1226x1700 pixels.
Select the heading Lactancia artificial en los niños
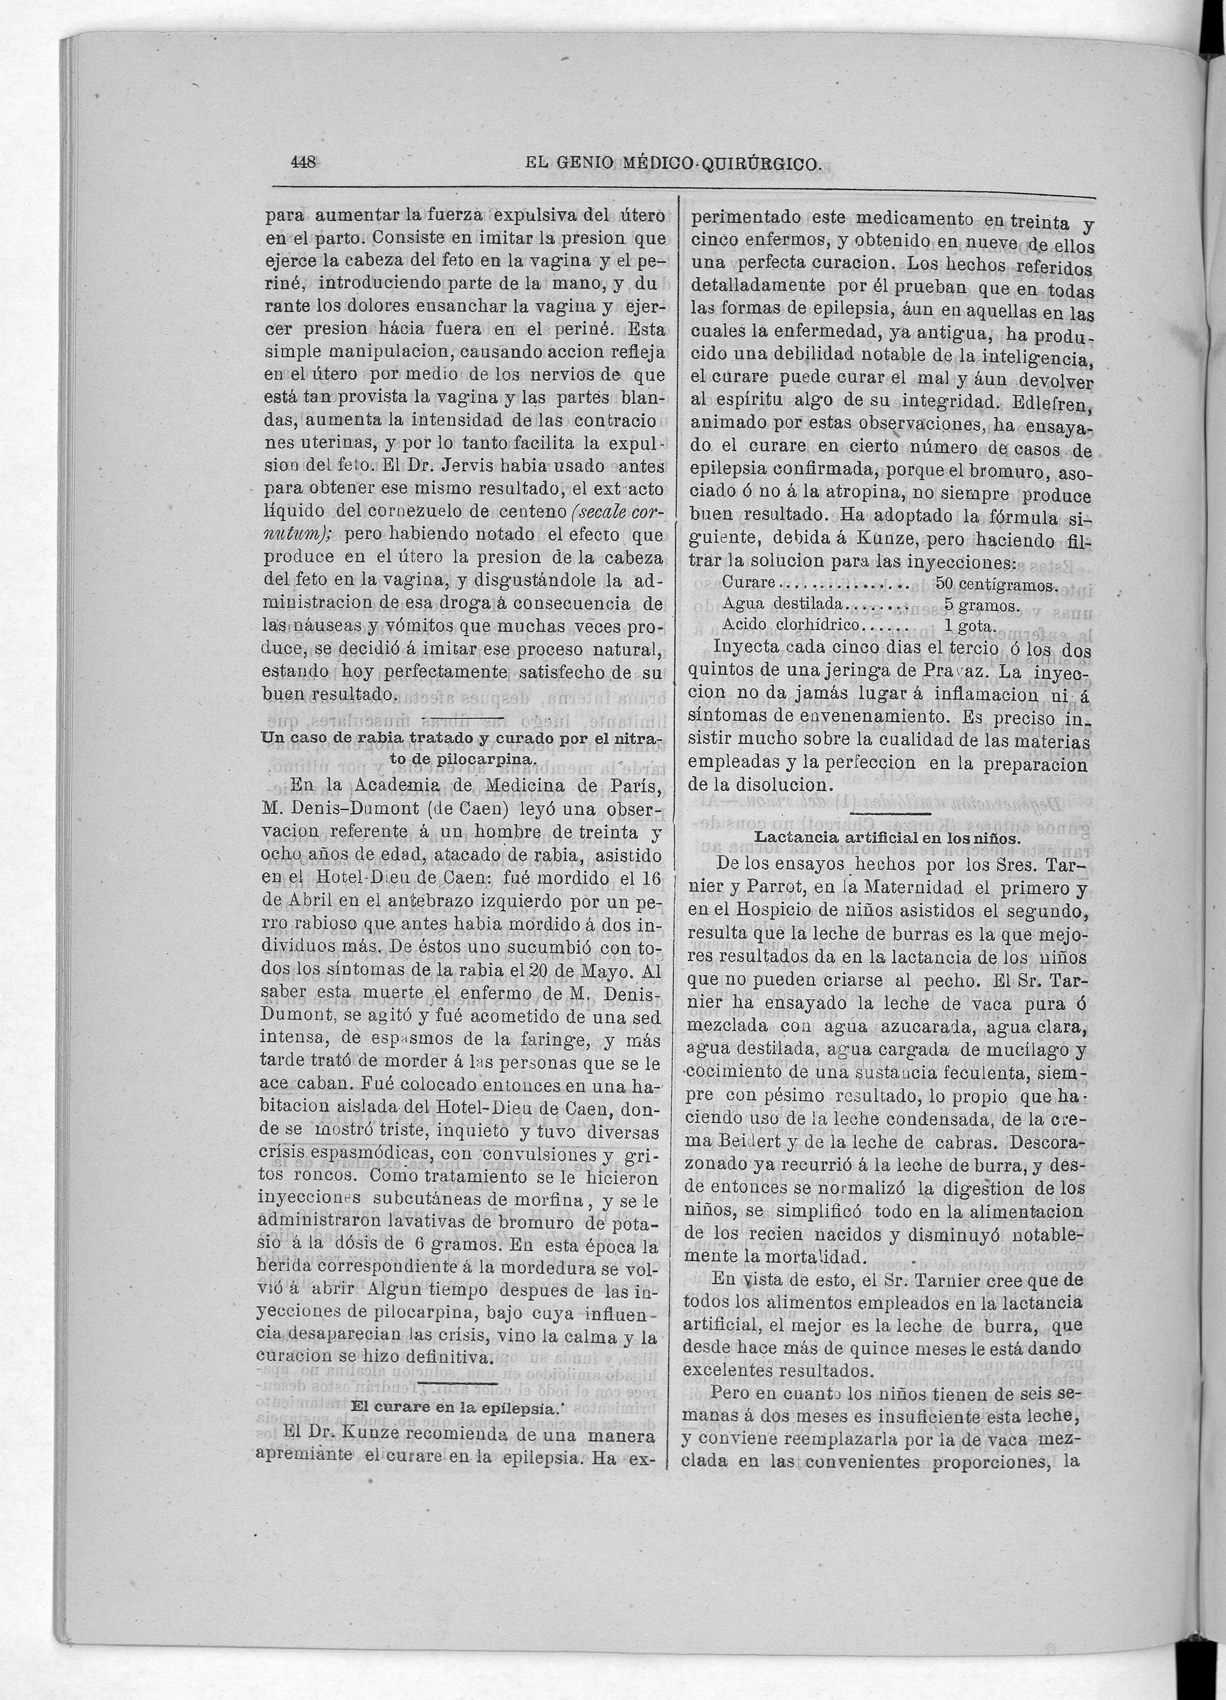pyautogui.click(x=887, y=838)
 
